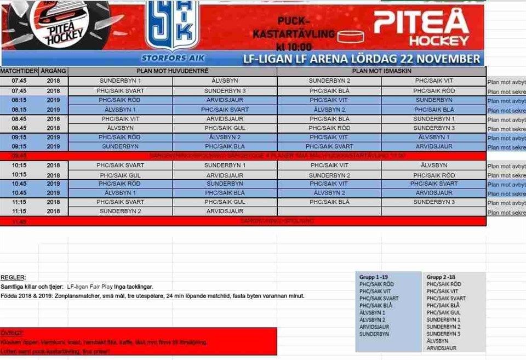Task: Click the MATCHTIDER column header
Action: click(x=19, y=71)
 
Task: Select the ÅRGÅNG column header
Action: click(x=54, y=71)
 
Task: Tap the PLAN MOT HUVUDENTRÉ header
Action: click(x=173, y=71)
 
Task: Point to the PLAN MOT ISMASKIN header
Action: click(x=381, y=71)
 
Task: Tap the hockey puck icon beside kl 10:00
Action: click(x=351, y=37)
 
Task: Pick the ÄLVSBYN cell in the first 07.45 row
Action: click(x=225, y=81)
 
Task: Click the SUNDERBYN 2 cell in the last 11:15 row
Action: click(x=121, y=211)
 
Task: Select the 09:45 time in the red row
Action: click(x=19, y=156)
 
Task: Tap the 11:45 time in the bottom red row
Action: click(x=19, y=221)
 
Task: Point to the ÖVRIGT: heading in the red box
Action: click(x=12, y=333)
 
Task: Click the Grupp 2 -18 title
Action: click(x=441, y=277)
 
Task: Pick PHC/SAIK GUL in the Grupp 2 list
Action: click(x=443, y=312)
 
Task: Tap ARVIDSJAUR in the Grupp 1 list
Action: click(x=374, y=327)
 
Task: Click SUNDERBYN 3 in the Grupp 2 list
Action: click(x=443, y=334)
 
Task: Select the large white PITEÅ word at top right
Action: click(x=421, y=22)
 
